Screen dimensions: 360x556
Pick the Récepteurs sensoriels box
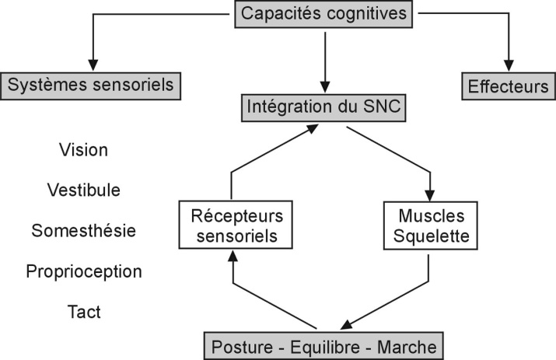(x=231, y=225)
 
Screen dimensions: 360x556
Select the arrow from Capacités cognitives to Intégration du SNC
(x=326, y=66)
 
